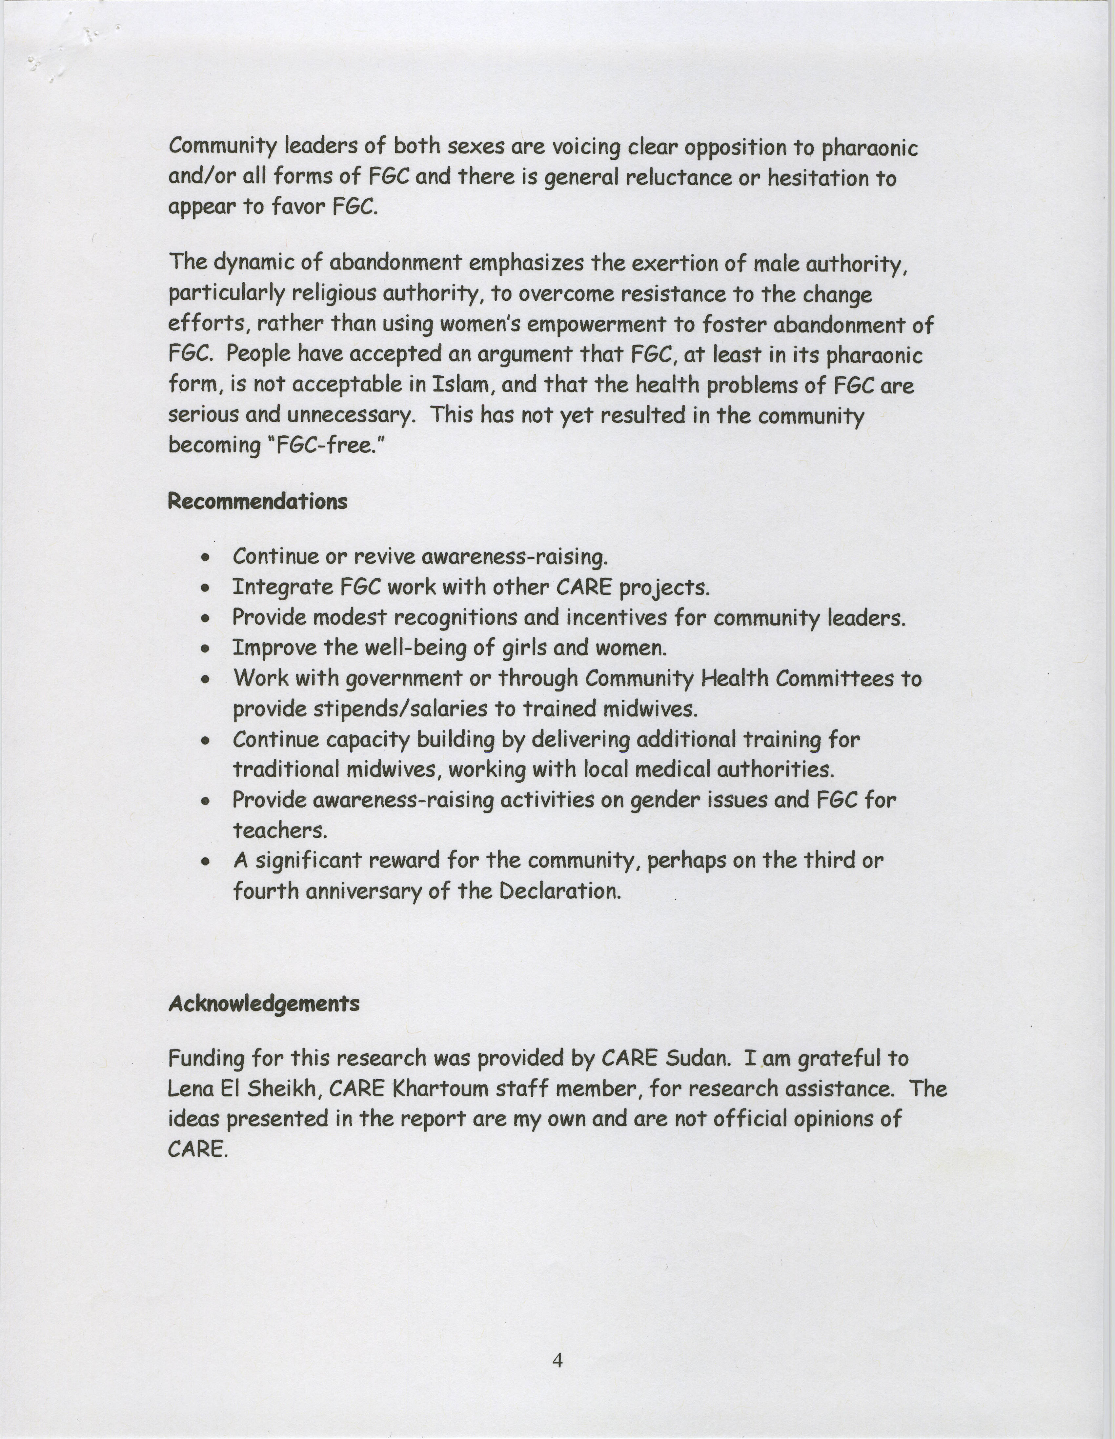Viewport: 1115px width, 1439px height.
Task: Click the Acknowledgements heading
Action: (x=264, y=1004)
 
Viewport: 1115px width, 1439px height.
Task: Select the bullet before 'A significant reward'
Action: (x=206, y=861)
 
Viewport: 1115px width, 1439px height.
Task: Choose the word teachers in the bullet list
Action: (x=279, y=831)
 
